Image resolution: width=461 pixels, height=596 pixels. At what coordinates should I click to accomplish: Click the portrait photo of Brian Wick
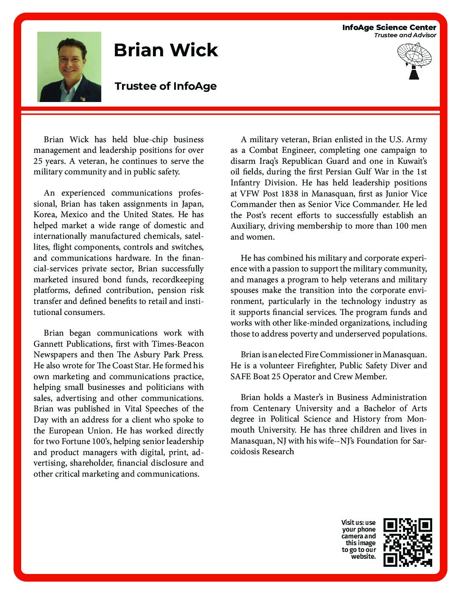pos(69,67)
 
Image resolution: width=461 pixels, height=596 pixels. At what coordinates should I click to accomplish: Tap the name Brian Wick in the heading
pos(166,50)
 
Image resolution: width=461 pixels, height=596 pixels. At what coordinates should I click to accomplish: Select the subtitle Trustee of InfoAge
pos(165,86)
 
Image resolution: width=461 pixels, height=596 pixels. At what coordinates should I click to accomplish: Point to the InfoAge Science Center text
pos(389,28)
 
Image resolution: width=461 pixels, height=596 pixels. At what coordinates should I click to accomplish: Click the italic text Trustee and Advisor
pos(405,35)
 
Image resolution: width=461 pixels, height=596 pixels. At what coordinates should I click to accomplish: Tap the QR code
pos(408,542)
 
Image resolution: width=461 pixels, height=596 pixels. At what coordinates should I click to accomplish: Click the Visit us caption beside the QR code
pos(359,539)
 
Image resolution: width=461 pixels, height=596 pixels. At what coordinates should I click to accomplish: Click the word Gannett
pos(50,344)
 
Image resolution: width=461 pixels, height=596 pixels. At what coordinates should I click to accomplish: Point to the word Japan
pos(192,204)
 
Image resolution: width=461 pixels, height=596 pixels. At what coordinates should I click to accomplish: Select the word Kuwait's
pos(411,161)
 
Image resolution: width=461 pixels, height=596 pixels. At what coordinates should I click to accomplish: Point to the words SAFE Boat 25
pos(256,376)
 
